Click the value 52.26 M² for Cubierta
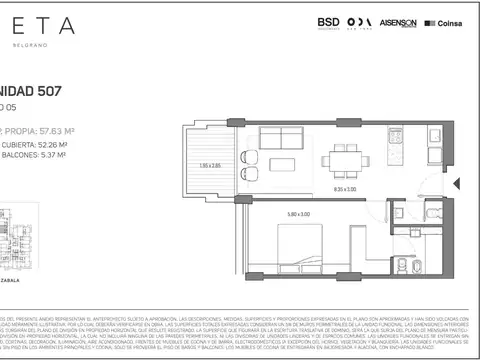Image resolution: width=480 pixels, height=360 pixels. [x=58, y=143]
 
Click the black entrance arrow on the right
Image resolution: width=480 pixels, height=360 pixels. [x=457, y=184]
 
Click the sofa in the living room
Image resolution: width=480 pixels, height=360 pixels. [x=275, y=137]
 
